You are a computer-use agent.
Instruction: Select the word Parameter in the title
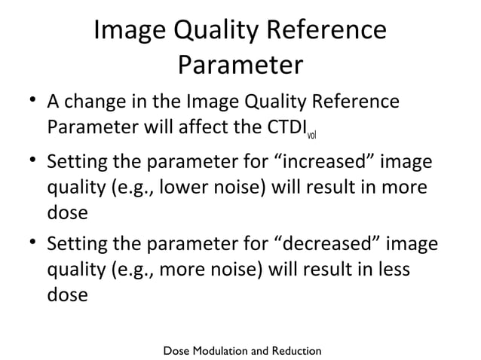point(240,66)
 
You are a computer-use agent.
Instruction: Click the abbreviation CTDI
point(279,127)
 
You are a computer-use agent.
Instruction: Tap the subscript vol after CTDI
point(311,136)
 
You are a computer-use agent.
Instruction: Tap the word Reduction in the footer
point(296,351)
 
